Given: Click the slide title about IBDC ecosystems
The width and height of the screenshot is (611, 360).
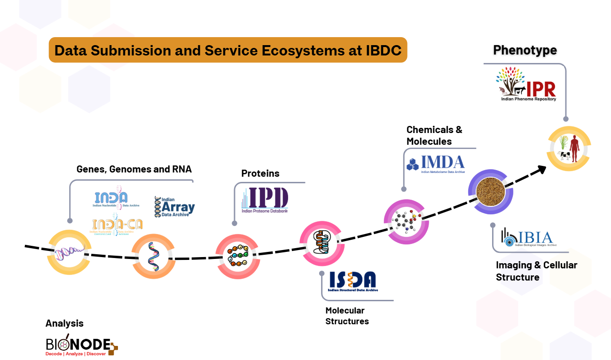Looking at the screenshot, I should pyautogui.click(x=228, y=50).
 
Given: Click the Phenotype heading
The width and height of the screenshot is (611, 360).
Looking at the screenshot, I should pyautogui.click(x=525, y=50).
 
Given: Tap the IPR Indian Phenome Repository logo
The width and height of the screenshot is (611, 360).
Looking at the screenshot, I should pyautogui.click(x=527, y=85).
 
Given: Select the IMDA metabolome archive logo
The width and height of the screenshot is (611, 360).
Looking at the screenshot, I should pyautogui.click(x=436, y=164).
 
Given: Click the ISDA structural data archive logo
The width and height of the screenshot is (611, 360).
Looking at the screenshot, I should pyautogui.click(x=353, y=281).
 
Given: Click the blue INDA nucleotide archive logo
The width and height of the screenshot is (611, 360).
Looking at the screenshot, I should pyautogui.click(x=111, y=199).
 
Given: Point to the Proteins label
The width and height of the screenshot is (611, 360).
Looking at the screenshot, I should pyautogui.click(x=260, y=173).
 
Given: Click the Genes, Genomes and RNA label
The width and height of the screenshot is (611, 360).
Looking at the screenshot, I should pyautogui.click(x=134, y=169).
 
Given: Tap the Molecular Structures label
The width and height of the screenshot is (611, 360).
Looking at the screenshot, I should pyautogui.click(x=347, y=316).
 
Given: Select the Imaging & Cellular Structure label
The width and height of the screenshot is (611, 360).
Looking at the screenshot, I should pyautogui.click(x=536, y=271).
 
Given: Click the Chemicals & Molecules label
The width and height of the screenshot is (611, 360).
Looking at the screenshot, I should pyautogui.click(x=434, y=135).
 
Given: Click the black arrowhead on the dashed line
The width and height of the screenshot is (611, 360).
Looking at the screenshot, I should pyautogui.click(x=542, y=168).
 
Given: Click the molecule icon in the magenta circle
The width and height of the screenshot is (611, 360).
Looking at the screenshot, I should pyautogui.click(x=406, y=221).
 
